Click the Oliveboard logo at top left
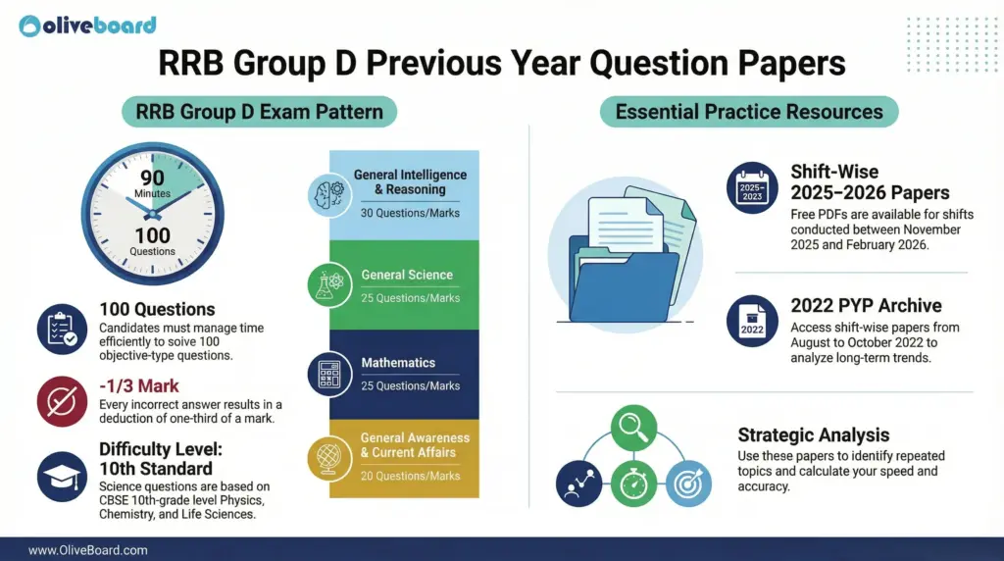click(87, 25)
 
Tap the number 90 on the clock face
click(152, 178)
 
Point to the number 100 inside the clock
click(152, 236)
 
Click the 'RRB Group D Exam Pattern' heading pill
click(259, 111)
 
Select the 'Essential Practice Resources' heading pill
click(748, 111)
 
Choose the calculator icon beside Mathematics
click(326, 373)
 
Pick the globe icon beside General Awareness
click(326, 456)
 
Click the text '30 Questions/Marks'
click(410, 213)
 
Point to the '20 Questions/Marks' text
click(410, 476)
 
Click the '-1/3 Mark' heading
click(139, 386)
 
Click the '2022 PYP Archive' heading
click(864, 306)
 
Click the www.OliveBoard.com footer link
click(87, 550)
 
